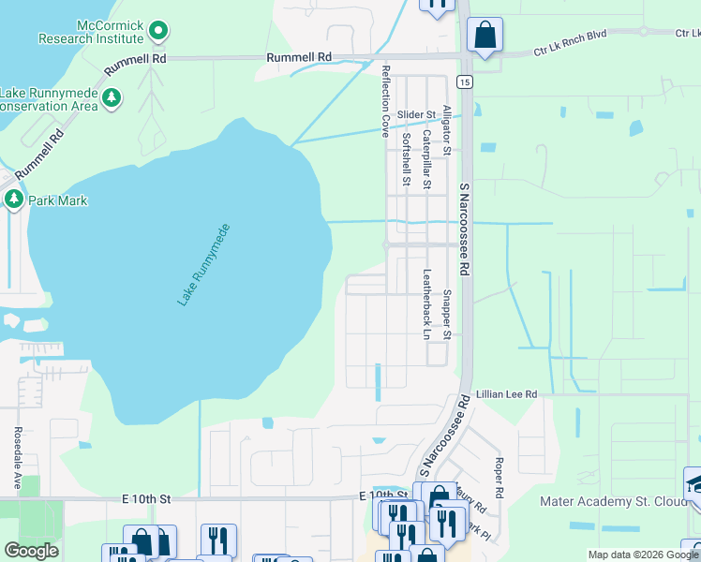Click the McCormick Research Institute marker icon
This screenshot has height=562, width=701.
tap(158, 31)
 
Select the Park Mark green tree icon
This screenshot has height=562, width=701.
tap(14, 199)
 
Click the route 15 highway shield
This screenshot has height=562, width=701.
tap(465, 82)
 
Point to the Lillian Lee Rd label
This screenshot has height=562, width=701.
tap(505, 395)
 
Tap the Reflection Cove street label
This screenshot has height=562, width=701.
tap(384, 101)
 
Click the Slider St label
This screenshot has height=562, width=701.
tap(417, 115)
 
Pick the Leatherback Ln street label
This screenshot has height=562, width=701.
tap(426, 304)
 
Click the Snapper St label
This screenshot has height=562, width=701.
tap(447, 315)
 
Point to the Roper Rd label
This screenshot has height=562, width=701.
tap(500, 478)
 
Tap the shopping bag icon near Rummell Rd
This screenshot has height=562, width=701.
tap(485, 35)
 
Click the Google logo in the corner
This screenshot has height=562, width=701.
tap(31, 551)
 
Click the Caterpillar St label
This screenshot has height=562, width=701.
tap(426, 160)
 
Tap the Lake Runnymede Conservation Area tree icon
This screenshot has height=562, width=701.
tap(112, 98)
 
